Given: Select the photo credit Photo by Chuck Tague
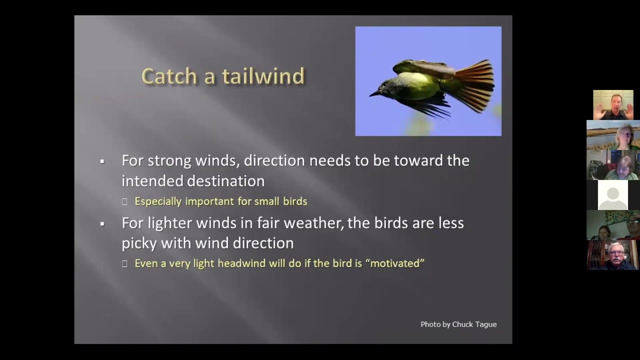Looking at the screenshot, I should coord(458,324).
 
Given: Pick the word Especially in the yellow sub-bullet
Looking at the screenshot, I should coord(158,201).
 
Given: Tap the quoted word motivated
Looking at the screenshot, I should coord(397,263).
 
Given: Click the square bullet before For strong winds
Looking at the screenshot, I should coord(102,161).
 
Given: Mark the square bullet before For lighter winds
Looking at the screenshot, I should coord(102,223).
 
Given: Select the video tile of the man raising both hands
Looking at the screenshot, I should coord(613,105).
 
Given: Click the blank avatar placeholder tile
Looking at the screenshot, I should coord(613,195).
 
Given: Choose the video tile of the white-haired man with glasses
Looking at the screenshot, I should coord(613,255).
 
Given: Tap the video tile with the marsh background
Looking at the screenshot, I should coord(613,135).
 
